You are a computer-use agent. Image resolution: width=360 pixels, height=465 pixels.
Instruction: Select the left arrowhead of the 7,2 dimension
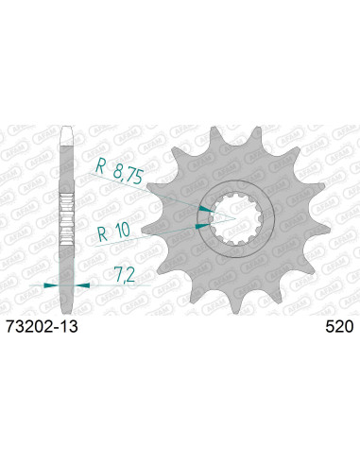pos(53,283)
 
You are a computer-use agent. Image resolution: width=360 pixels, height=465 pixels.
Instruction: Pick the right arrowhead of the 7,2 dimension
pos(81,283)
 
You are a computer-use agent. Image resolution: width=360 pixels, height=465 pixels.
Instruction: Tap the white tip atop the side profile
pos(67,136)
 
